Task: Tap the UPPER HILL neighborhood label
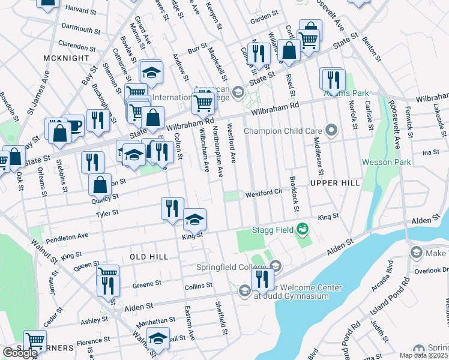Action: pyautogui.click(x=334, y=182)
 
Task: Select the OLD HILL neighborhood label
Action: pyautogui.click(x=149, y=257)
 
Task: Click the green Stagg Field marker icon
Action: pyautogui.click(x=303, y=229)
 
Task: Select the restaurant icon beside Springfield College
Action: pyautogui.click(x=262, y=278)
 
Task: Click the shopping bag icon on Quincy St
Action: pyautogui.click(x=100, y=184)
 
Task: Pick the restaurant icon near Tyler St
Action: pyautogui.click(x=172, y=208)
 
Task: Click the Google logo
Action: pyautogui.click(x=20, y=353)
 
